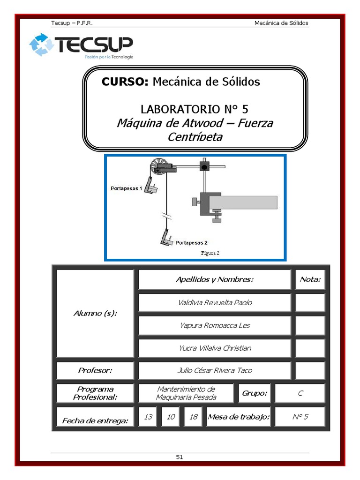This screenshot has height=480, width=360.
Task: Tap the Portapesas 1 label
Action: (126, 188)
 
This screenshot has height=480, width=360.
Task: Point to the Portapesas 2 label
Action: (192, 242)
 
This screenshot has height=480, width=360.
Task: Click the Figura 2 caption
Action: (210, 253)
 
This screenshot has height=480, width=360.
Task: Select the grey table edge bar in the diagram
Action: (243, 202)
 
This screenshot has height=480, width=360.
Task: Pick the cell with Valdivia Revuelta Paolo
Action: (215, 302)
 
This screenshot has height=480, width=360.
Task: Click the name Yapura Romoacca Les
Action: (215, 325)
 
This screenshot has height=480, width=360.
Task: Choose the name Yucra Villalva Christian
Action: (215, 348)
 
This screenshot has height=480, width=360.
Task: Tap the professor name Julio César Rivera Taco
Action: (215, 370)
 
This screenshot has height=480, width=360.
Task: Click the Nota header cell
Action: (310, 280)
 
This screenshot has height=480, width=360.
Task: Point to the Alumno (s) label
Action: (95, 313)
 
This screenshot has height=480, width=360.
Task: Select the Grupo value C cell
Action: (300, 393)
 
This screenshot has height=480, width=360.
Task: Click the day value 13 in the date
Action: (149, 417)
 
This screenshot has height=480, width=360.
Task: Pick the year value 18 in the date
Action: (193, 417)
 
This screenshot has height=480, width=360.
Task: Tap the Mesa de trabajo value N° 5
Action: (300, 417)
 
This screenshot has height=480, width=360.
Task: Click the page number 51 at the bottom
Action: (180, 457)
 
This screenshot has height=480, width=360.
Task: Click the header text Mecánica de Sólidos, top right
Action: (281, 23)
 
